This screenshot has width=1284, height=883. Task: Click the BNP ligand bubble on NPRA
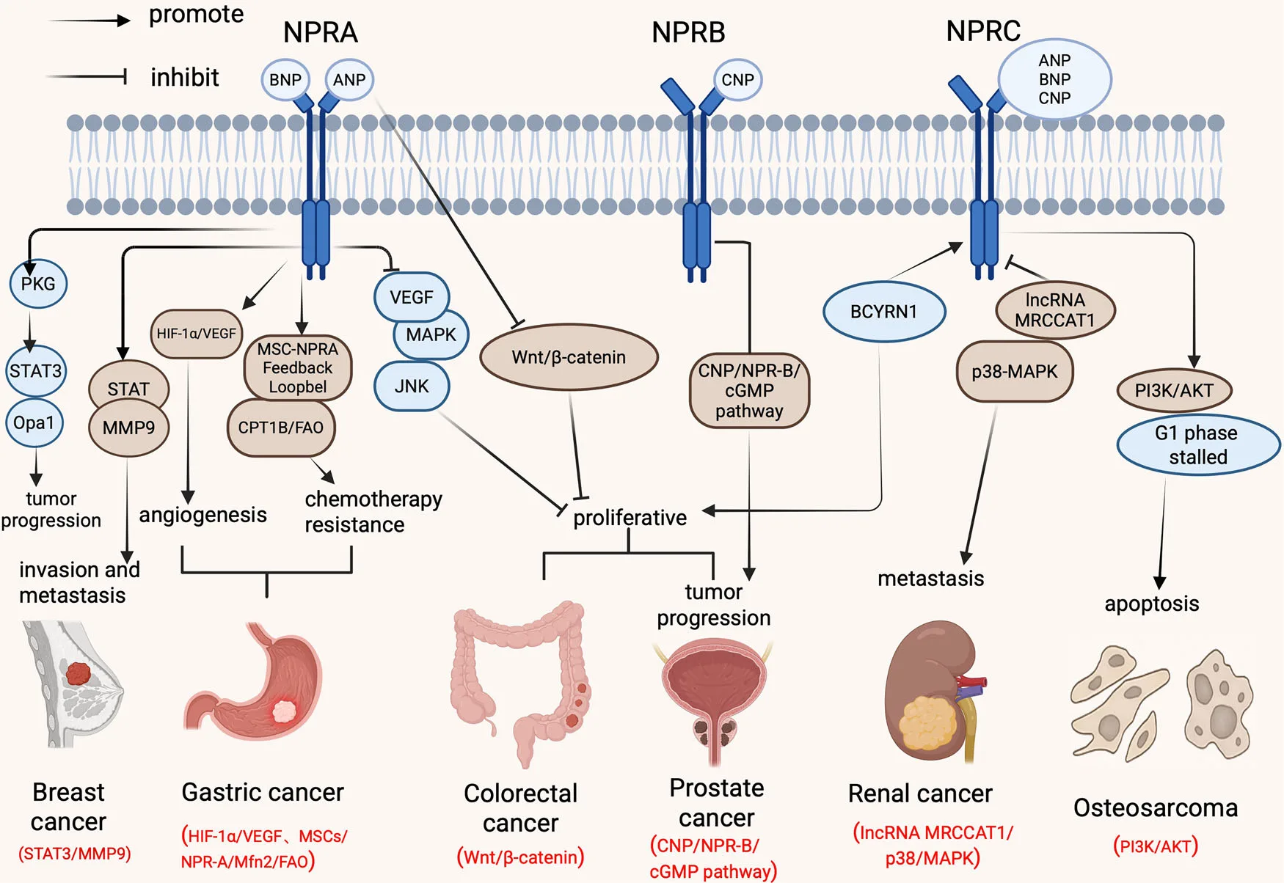(285, 80)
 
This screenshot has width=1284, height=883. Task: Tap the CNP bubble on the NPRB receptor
(737, 80)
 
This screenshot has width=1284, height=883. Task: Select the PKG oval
(38, 284)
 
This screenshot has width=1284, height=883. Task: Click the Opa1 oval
(34, 423)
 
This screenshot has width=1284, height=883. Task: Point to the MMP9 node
(128, 428)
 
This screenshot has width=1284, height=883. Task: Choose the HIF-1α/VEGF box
(196, 334)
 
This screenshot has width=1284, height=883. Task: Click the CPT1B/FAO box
(281, 428)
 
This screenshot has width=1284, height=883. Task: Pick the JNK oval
(411, 386)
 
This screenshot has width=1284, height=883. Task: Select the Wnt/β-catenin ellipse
(569, 357)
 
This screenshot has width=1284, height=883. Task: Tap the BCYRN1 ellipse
(883, 312)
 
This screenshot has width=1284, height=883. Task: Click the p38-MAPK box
(1014, 372)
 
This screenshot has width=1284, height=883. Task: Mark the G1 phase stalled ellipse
(1197, 445)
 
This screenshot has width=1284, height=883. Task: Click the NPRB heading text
(688, 32)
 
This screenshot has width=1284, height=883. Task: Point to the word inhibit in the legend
(184, 77)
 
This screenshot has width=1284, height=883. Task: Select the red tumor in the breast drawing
(78, 673)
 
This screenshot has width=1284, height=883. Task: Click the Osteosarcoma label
(1155, 807)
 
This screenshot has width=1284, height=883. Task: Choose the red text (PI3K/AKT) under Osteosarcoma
(1155, 846)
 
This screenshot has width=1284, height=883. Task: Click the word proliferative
(630, 518)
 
